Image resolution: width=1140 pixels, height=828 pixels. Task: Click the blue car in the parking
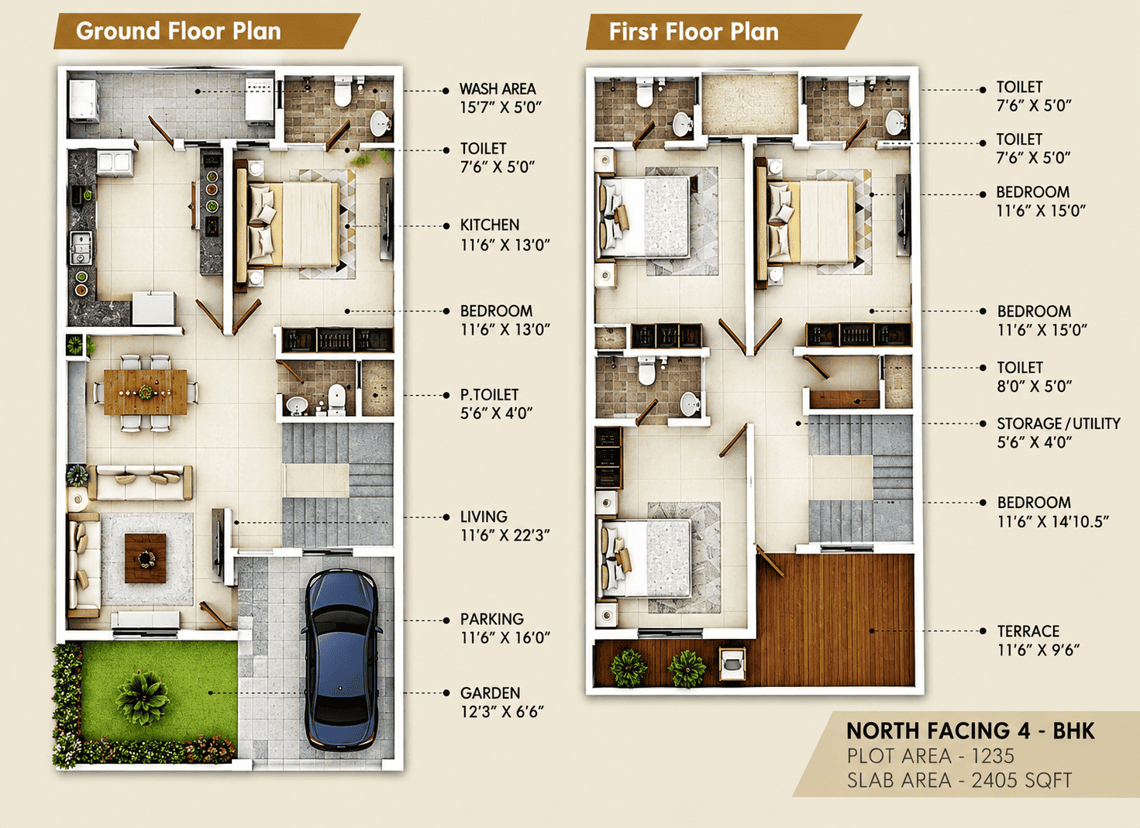(x=342, y=660)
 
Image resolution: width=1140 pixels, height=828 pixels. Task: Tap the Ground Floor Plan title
(x=178, y=31)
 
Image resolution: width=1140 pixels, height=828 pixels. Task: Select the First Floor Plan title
(x=694, y=32)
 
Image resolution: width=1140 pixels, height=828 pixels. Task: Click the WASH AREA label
(x=498, y=89)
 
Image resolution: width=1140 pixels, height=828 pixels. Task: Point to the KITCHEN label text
(x=490, y=225)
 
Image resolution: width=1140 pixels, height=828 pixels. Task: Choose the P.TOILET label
(x=489, y=395)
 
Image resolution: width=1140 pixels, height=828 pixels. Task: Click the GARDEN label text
(x=490, y=692)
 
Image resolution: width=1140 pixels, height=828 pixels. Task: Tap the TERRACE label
(x=1028, y=631)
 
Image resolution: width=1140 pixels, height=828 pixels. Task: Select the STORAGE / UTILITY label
(x=1059, y=424)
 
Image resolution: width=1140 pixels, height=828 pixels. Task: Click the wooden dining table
(x=146, y=392)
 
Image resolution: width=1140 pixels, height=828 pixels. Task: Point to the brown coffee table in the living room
(x=146, y=558)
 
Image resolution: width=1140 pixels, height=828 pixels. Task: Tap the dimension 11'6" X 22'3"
(x=505, y=535)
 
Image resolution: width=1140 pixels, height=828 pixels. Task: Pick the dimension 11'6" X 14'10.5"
(x=1052, y=521)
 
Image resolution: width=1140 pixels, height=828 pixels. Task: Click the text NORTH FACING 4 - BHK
(x=970, y=731)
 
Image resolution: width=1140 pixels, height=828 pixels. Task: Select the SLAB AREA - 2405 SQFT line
(x=959, y=780)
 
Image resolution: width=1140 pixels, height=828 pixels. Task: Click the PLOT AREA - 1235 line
(x=931, y=756)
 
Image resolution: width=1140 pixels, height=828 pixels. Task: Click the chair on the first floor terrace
(x=732, y=663)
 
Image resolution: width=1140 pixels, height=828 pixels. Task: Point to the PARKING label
(x=491, y=619)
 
